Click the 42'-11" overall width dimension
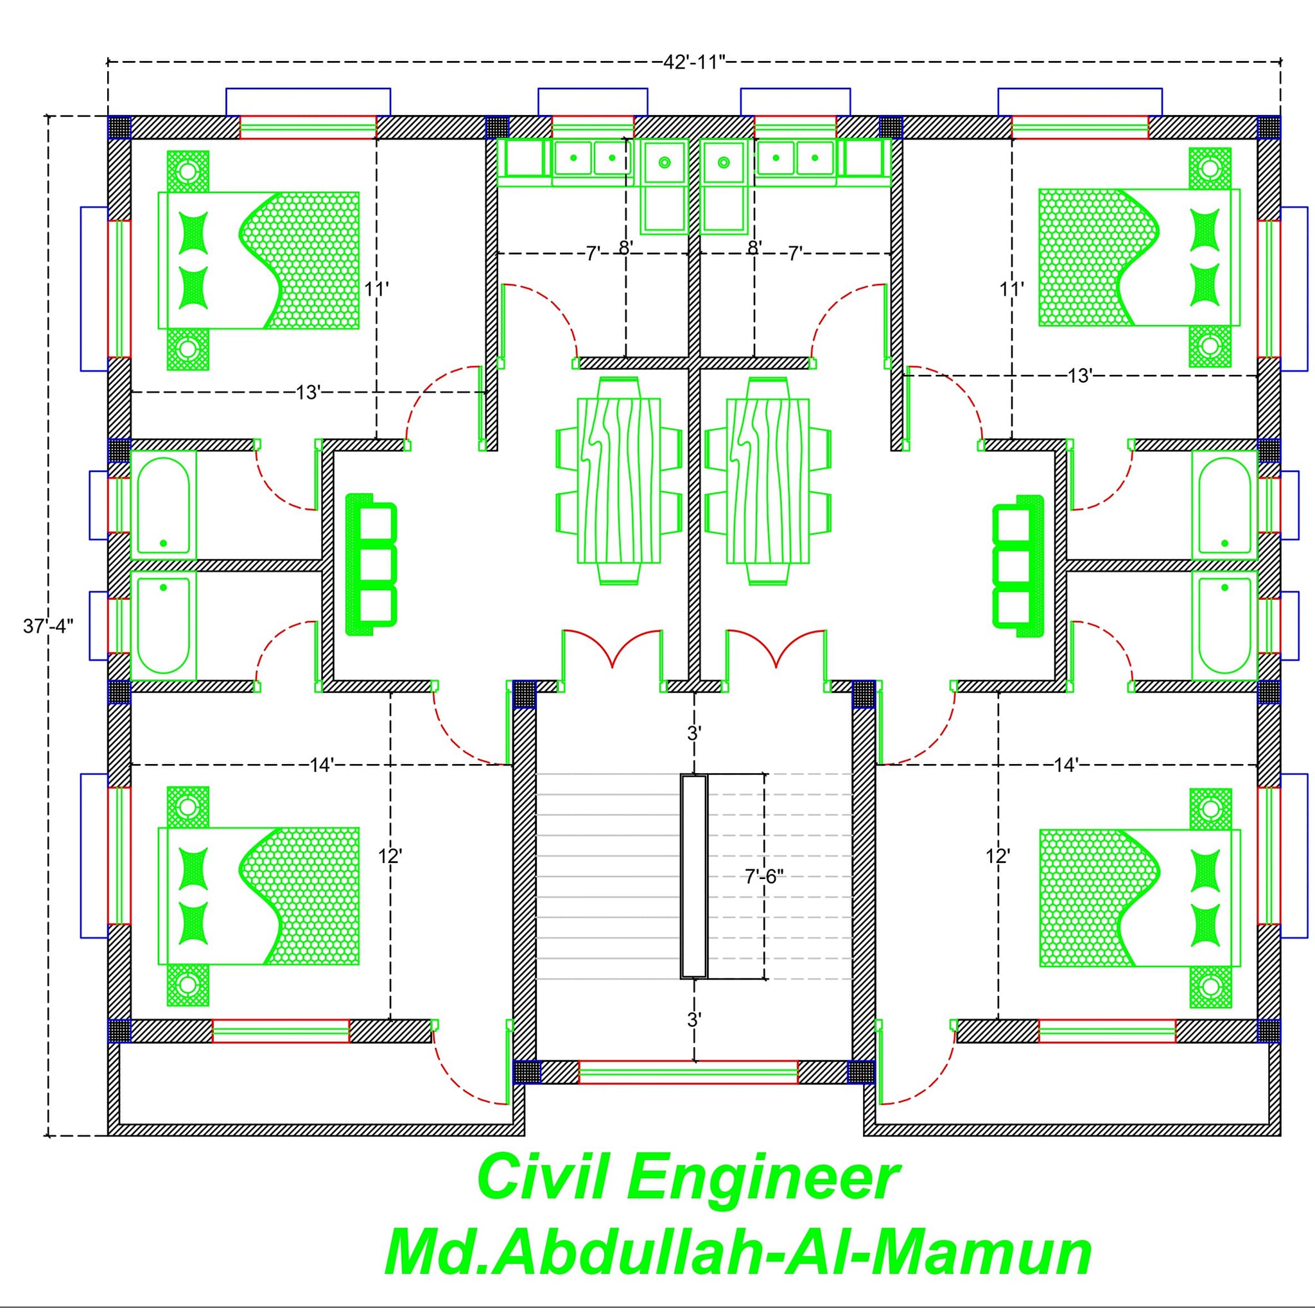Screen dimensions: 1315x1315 coord(694,63)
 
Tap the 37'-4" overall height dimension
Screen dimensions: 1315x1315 coord(48,626)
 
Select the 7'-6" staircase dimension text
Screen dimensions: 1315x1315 coord(764,876)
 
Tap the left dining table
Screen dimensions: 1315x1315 coord(619,480)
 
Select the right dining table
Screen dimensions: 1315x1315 coord(768,480)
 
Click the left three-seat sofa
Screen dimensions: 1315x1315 coord(371,565)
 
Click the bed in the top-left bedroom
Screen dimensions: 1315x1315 coord(259,261)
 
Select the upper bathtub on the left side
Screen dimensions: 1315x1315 coord(163,504)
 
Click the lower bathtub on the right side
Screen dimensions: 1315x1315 coord(1224,625)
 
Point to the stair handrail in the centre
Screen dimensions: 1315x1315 coord(694,876)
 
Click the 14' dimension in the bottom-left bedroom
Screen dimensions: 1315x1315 coord(321,765)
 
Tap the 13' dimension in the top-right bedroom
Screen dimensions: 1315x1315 coord(1080,376)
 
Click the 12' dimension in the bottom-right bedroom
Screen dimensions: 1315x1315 coord(998,857)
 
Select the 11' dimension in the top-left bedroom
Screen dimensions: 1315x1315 coord(376,290)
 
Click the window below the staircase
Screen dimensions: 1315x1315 coord(688,1072)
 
